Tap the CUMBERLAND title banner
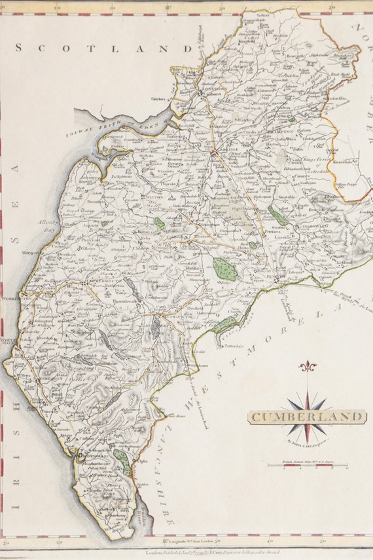point(306,417)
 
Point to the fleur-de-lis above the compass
point(306,367)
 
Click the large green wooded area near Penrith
point(224,268)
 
